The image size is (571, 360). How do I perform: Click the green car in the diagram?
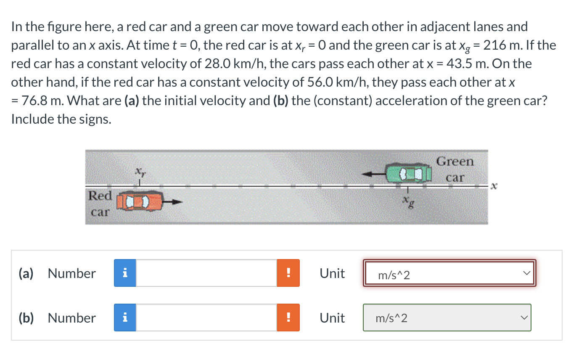tap(410, 173)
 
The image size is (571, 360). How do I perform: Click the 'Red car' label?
tap(100, 204)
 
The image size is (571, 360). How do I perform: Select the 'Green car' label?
tap(455, 169)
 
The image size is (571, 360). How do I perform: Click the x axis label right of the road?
tap(495, 185)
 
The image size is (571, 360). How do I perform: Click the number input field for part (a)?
tap(206, 273)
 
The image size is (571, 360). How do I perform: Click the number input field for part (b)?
tap(206, 318)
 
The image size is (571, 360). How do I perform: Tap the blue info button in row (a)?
tap(125, 273)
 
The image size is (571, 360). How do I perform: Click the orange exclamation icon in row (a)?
tap(288, 273)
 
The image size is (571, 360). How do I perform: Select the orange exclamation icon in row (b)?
tap(288, 318)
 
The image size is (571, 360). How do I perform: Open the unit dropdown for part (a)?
tap(449, 274)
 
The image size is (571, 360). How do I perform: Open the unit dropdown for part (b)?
tap(447, 318)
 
